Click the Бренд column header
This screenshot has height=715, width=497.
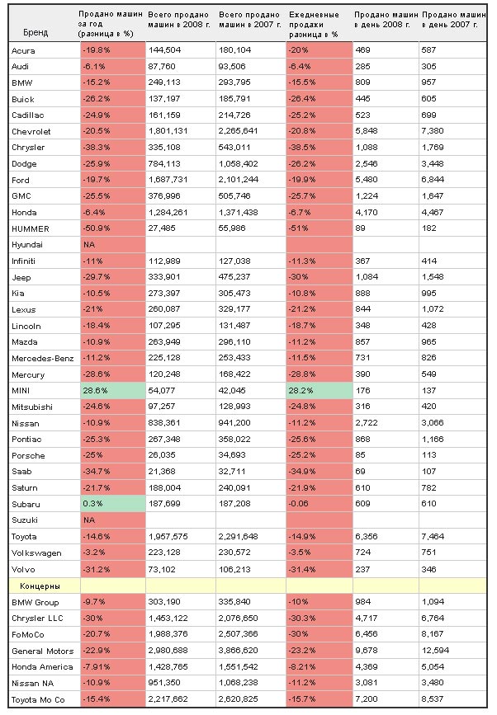tap(35, 33)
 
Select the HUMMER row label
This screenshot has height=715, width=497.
tap(30, 229)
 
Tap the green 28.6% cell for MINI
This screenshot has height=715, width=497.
tap(113, 391)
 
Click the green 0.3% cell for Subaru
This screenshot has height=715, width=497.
tap(113, 504)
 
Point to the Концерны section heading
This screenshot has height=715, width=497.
tap(40, 586)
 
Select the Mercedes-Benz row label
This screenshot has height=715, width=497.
tap(42, 359)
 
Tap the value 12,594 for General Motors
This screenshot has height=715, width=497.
tap(435, 651)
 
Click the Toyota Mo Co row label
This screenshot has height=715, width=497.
tap(38, 700)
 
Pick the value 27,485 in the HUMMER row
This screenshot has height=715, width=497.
tap(162, 228)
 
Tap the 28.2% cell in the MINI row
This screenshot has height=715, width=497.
tap(319, 391)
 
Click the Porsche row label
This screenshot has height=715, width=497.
tap(28, 455)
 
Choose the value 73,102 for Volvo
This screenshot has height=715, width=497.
tap(162, 570)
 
